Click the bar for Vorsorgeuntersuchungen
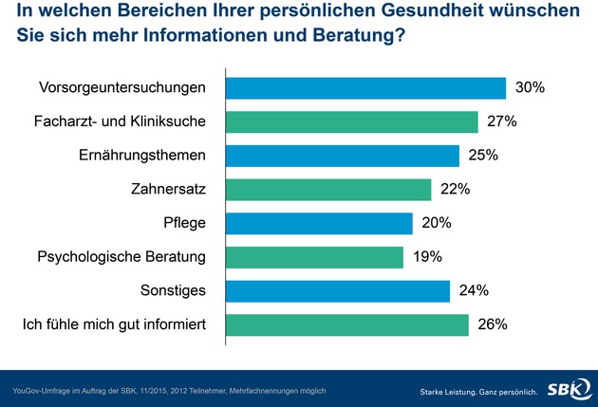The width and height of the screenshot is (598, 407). pos(365,88)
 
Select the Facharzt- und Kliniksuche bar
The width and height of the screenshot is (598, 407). pos(351,122)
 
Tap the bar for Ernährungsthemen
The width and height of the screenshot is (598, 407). pos(343,156)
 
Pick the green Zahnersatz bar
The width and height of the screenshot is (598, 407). pos(328,190)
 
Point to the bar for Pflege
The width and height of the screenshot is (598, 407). pos(319,224)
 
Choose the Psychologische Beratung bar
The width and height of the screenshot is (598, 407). pos(314,257)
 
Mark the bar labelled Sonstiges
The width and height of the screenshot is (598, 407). pos(338,291)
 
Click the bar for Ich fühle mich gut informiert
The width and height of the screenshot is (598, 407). pos(346,325)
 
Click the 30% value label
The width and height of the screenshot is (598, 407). pos(529,88)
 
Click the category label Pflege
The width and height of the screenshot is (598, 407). pos(185,224)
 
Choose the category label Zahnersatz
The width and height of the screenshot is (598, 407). pos(169,190)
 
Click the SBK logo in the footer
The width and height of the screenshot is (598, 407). pos(566,388)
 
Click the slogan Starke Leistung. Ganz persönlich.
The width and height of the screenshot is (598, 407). pos(478,391)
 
